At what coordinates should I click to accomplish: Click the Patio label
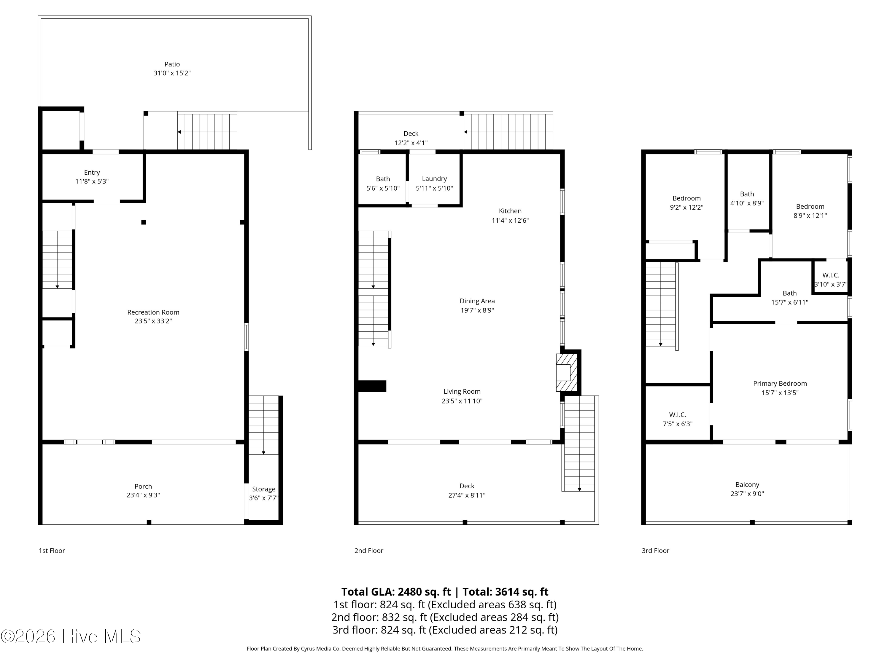tap(172, 64)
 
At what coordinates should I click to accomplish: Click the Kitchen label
tap(510, 211)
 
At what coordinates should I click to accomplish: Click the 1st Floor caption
tap(52, 551)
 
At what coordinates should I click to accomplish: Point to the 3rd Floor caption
tap(655, 551)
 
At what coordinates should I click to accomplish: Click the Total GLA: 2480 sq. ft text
tap(396, 592)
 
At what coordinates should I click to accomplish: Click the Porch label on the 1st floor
tap(143, 486)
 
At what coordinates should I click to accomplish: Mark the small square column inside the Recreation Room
tap(144, 222)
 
